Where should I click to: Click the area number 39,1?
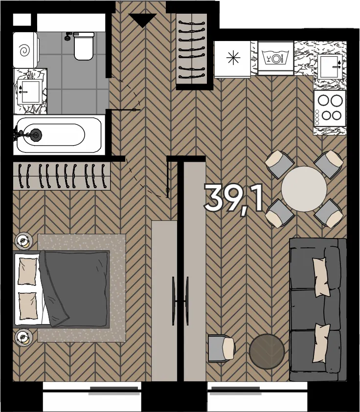click(233, 197)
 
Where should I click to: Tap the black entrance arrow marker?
click(142, 20)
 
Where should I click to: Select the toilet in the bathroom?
click(84, 46)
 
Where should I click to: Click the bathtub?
click(59, 135)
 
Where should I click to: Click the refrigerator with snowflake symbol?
click(233, 60)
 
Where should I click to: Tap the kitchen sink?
click(330, 66)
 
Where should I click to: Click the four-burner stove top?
click(330, 108)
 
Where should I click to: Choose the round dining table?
click(304, 189)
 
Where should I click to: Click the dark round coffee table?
click(267, 351)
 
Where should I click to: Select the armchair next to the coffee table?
click(222, 348)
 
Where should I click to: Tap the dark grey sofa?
click(317, 309)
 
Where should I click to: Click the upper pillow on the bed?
click(27, 271)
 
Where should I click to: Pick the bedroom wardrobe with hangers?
click(62, 175)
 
